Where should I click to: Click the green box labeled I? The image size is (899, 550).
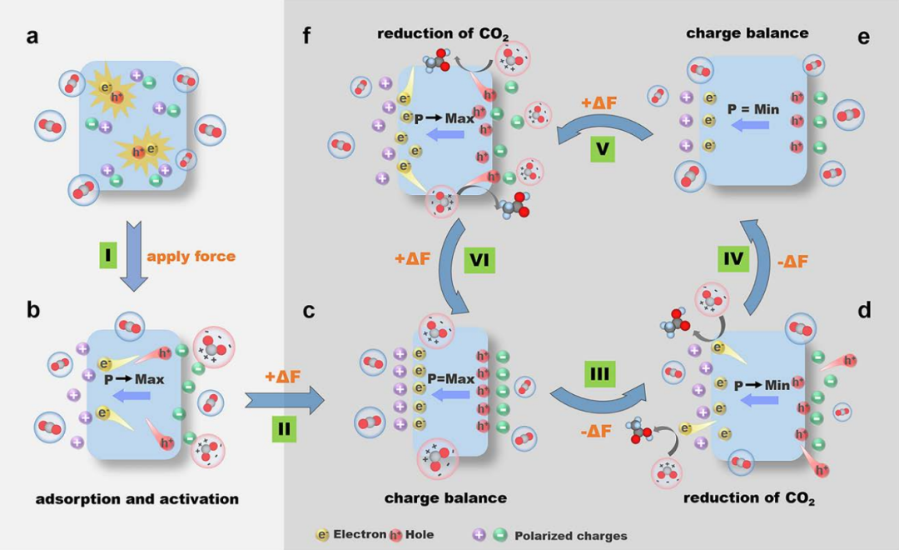click(x=107, y=255)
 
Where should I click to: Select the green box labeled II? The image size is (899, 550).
click(x=283, y=430)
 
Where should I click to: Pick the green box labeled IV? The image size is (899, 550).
click(x=733, y=261)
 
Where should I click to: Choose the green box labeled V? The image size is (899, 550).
click(x=601, y=150)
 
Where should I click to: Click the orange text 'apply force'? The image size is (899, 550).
click(x=191, y=256)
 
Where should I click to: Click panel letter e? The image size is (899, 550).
click(x=863, y=37)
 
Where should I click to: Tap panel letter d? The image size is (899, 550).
click(x=864, y=310)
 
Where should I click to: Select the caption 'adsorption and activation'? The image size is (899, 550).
click(x=137, y=499)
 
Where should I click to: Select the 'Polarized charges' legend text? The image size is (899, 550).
click(x=571, y=535)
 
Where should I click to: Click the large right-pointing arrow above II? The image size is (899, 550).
click(x=283, y=401)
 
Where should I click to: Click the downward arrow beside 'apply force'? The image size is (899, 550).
click(x=136, y=255)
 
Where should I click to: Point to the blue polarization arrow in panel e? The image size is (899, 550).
click(x=752, y=125)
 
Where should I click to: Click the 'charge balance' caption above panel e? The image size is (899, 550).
click(x=747, y=33)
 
